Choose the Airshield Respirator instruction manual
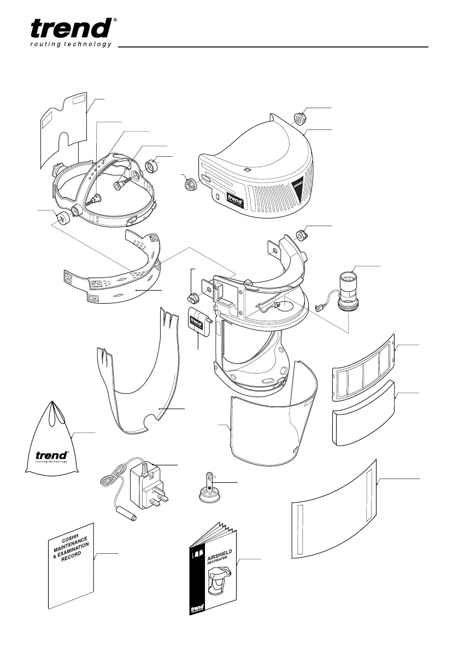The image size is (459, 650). [213, 571]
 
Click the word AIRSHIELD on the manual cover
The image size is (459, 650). [222, 558]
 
